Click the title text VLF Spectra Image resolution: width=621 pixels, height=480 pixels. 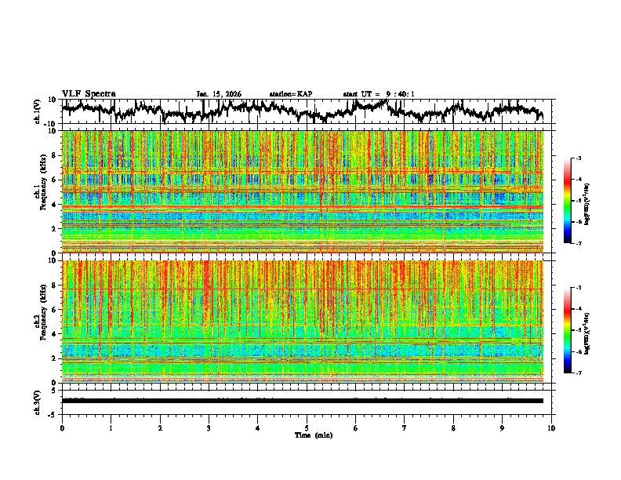[x=89, y=94]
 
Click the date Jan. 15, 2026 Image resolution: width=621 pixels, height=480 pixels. [x=219, y=94]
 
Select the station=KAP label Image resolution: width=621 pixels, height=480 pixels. [x=291, y=94]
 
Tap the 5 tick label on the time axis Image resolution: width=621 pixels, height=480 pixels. [x=307, y=427]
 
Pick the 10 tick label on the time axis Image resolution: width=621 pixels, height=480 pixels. [x=552, y=427]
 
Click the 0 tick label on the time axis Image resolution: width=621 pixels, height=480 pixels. [x=62, y=427]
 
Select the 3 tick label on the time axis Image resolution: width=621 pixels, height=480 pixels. [x=209, y=427]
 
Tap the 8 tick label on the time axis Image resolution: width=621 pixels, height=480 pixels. [x=453, y=427]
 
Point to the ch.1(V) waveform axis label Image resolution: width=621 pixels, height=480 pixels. [x=38, y=111]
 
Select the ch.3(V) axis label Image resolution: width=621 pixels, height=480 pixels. [x=38, y=400]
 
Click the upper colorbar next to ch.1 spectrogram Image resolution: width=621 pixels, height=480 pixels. [x=567, y=201]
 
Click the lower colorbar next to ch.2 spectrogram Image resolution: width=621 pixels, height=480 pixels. [x=567, y=330]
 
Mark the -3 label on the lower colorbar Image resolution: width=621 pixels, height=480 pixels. [x=578, y=288]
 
